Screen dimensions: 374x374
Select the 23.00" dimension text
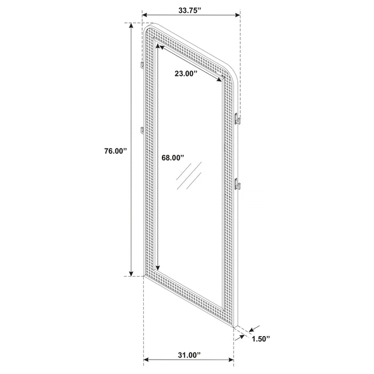point(186,74)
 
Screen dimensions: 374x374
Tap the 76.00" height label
point(114,151)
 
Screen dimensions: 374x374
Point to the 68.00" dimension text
point(172,158)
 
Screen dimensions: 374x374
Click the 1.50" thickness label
point(261,339)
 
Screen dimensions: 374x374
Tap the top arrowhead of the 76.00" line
point(131,27)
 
